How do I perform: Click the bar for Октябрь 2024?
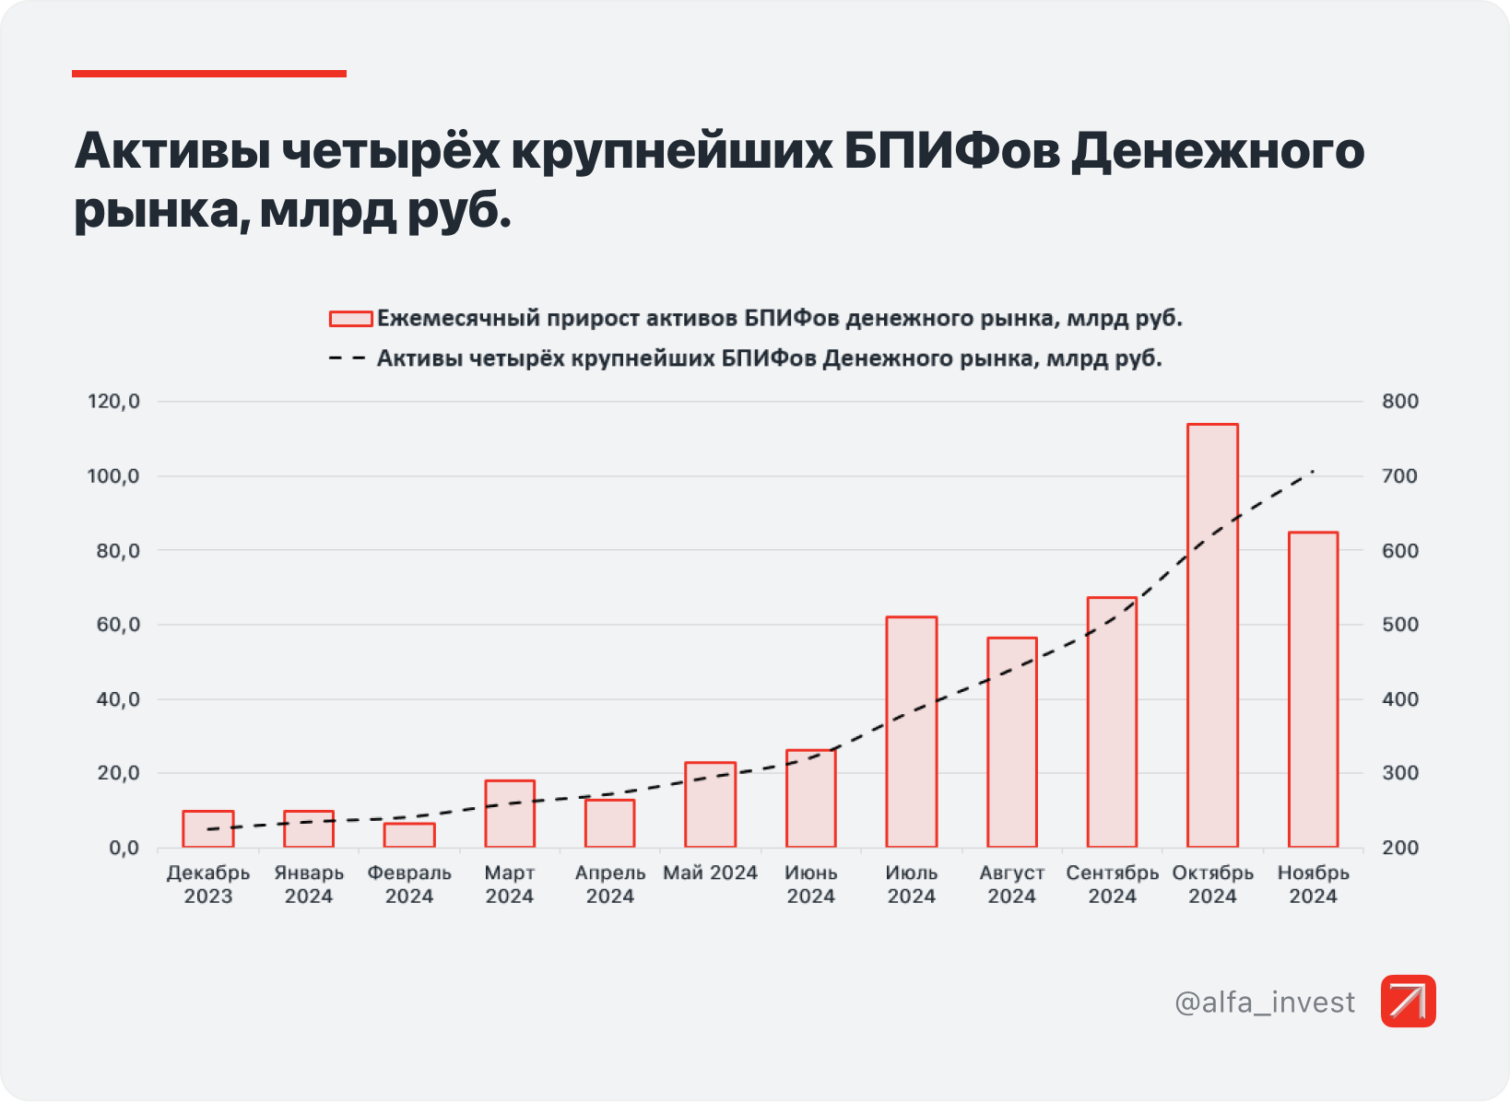(1212, 636)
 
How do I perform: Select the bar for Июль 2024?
(911, 732)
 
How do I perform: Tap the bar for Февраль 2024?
(409, 835)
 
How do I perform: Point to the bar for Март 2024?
(510, 814)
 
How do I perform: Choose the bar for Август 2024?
(1011, 742)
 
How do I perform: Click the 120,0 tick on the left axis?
(113, 402)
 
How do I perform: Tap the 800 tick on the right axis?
(1399, 402)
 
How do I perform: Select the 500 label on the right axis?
(1399, 625)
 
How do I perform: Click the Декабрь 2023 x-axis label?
(208, 885)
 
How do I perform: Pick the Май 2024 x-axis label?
(710, 873)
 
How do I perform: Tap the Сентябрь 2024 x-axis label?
(1112, 885)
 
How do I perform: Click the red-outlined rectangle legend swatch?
(350, 319)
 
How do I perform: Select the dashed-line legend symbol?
(348, 358)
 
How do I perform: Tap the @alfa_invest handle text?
(1265, 1002)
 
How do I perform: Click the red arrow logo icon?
(1408, 1001)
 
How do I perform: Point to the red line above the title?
(209, 74)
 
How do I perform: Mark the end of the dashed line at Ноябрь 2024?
(1313, 471)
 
